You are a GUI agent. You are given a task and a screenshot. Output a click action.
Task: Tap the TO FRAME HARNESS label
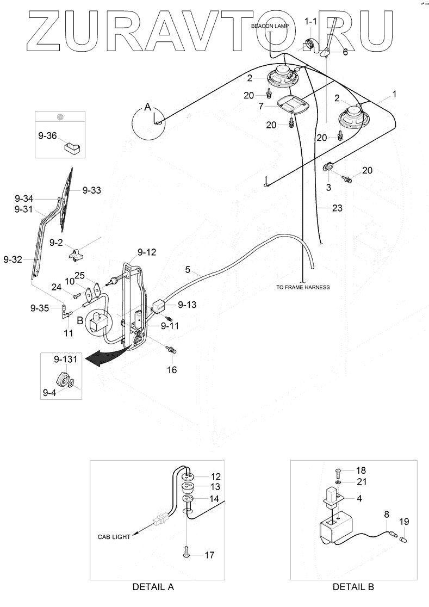303,287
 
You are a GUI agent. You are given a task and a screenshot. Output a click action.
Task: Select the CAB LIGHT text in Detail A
114,537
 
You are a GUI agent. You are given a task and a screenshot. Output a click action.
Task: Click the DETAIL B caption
353,587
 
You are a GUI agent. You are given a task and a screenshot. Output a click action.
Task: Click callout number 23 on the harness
337,208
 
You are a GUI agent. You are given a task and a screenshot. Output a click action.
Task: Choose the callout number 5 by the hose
188,269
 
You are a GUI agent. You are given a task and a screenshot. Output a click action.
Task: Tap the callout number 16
172,370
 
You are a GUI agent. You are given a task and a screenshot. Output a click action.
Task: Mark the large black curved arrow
106,356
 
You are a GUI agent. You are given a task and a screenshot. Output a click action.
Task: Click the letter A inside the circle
146,108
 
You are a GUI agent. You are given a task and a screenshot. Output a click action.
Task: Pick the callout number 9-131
65,360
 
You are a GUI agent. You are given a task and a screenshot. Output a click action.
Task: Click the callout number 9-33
92,190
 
